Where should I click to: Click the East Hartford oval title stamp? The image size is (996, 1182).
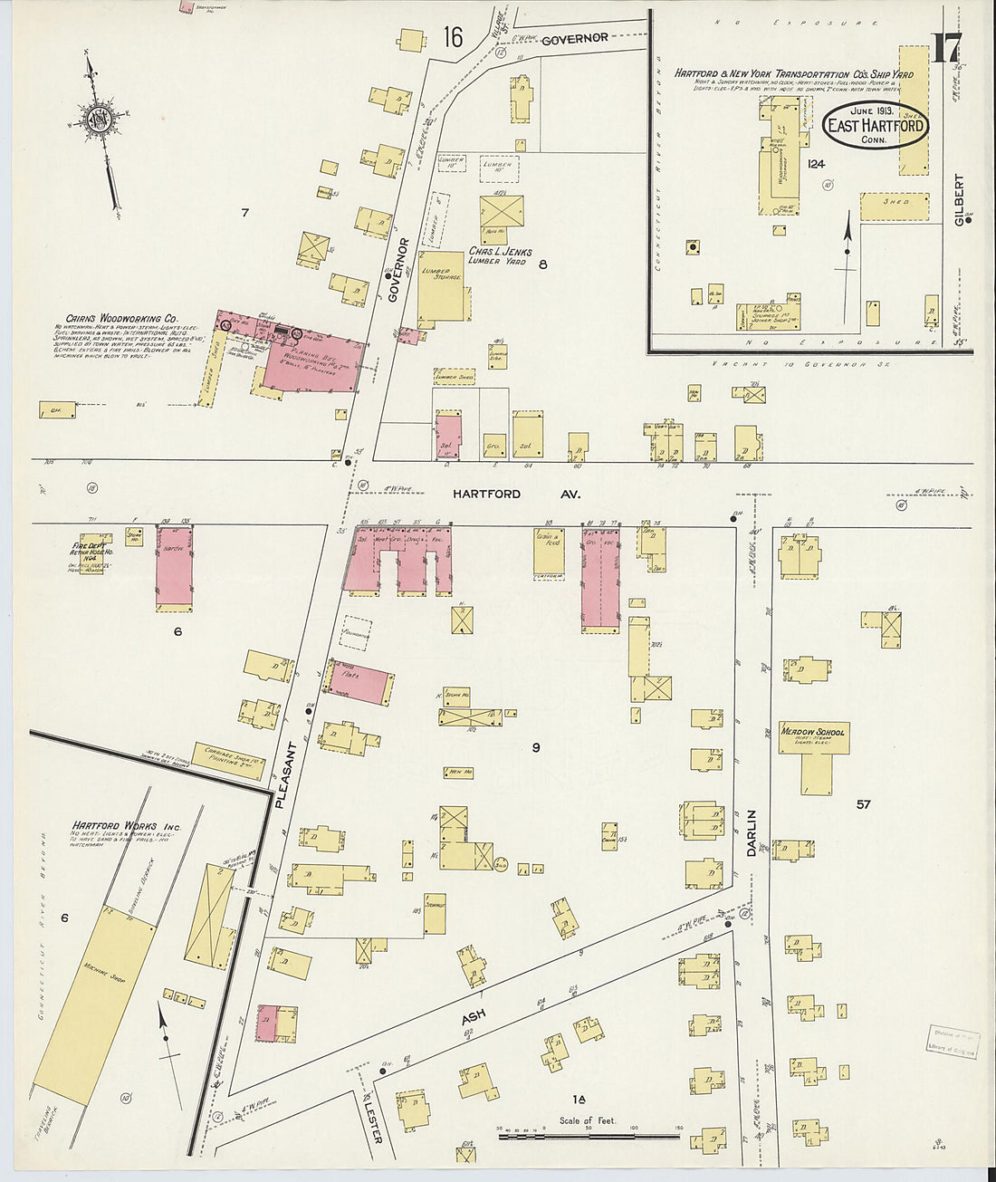click(x=876, y=127)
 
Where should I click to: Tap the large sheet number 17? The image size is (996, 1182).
click(x=945, y=48)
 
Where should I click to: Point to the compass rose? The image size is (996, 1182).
click(x=95, y=120)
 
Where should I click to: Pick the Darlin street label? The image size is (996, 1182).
click(x=751, y=832)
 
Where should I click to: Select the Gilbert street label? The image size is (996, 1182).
click(x=960, y=199)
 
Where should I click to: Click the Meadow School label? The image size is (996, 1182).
click(x=813, y=732)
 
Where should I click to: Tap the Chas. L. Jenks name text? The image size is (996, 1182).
click(x=500, y=252)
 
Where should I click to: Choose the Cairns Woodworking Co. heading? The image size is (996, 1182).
click(x=114, y=319)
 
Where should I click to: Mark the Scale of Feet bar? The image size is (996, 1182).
click(x=588, y=1132)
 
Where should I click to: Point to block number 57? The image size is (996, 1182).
click(x=863, y=803)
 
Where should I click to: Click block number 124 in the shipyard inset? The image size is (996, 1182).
click(x=816, y=164)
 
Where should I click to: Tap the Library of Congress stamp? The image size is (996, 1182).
click(x=953, y=1041)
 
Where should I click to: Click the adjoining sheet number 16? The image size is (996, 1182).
click(x=453, y=37)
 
